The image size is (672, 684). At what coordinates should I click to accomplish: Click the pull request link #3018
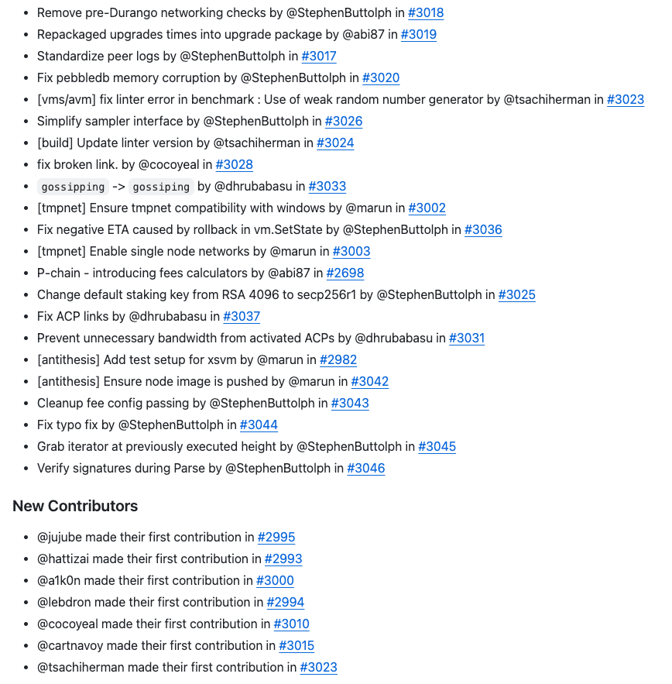coord(426,13)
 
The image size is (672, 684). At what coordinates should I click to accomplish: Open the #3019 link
coord(418,35)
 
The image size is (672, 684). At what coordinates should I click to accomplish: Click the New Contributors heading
coord(75,506)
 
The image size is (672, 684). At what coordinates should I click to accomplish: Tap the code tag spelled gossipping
coord(73,187)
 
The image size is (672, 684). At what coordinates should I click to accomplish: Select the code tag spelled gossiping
coord(161,187)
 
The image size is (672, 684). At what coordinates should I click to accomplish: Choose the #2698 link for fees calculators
coord(345,273)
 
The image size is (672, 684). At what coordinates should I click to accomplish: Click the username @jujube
coord(60,538)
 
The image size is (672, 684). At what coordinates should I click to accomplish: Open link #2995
coord(276,538)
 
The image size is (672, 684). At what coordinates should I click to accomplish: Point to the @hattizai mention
coord(64,559)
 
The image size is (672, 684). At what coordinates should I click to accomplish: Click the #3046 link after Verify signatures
coord(366,469)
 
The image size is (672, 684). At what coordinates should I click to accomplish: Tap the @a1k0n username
coord(60,581)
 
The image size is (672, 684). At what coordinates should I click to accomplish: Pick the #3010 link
coord(291,624)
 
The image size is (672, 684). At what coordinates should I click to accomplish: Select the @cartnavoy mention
coord(68,646)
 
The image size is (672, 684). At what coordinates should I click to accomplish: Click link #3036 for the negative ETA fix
coord(483,230)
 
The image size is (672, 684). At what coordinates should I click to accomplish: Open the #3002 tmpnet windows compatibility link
coord(427,208)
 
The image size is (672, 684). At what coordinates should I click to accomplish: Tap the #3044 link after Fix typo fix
coord(259,425)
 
